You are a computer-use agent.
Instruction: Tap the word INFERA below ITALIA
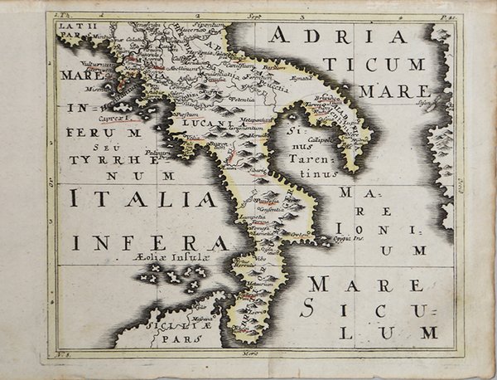pos(149,242)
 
